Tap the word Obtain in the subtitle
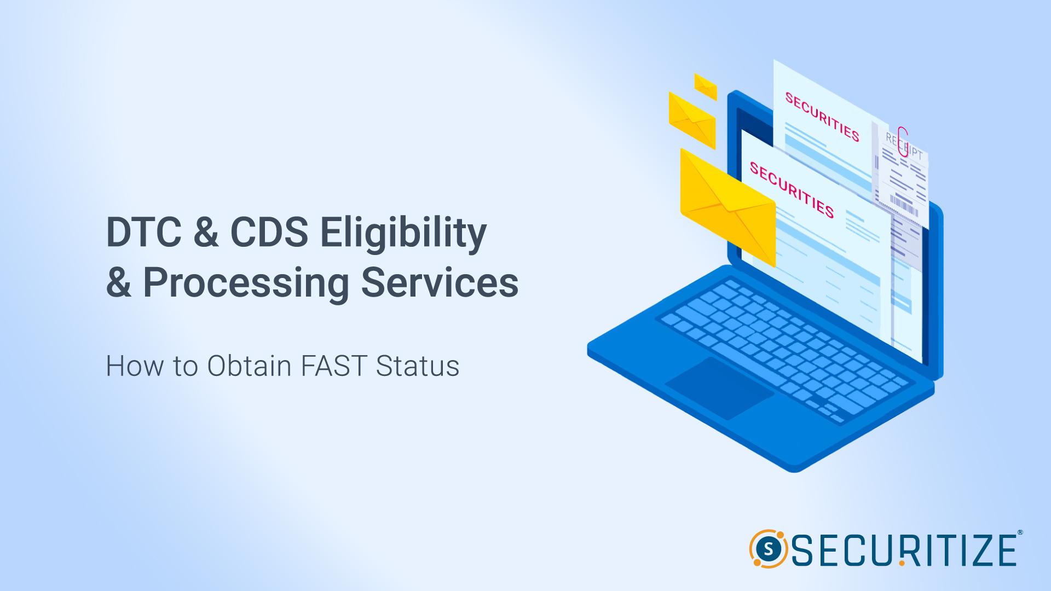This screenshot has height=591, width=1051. pos(249,366)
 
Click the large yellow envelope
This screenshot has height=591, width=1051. pos(727,207)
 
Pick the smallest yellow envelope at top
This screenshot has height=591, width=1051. pos(706,86)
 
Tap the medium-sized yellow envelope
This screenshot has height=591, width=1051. pos(692,120)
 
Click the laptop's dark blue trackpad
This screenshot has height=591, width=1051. pos(719,388)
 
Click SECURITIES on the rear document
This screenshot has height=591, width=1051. pos(822,117)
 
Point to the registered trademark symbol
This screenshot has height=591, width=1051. pos(1019,532)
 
